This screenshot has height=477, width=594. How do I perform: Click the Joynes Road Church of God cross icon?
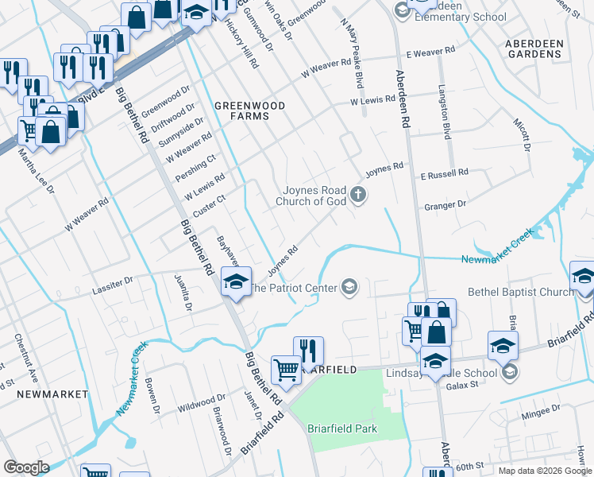(x=358, y=194)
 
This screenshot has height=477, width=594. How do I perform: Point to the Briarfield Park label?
(x=342, y=429)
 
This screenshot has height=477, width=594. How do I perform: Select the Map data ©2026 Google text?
(x=545, y=471)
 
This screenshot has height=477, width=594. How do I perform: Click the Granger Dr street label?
(x=445, y=205)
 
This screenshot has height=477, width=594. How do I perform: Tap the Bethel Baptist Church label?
(x=520, y=292)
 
